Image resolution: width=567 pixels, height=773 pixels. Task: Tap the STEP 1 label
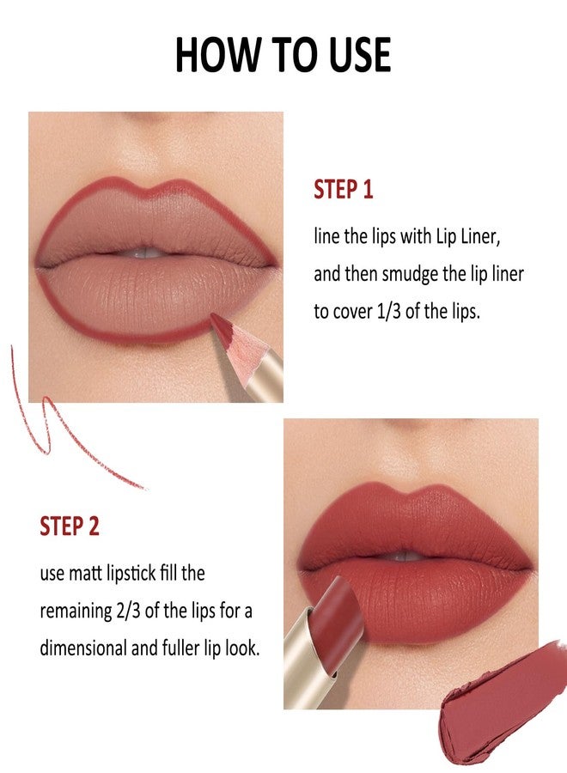(343, 190)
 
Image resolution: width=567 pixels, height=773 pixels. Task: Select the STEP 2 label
(70, 526)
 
